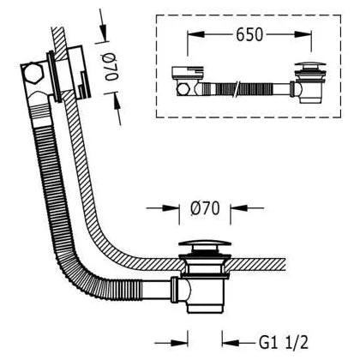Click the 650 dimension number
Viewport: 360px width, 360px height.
click(x=249, y=35)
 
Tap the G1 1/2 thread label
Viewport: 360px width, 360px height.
click(x=284, y=342)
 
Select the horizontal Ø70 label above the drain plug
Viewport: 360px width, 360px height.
click(x=205, y=208)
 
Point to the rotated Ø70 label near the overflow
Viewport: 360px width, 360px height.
click(x=110, y=68)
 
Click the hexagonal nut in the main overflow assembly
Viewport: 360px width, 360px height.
click(x=33, y=74)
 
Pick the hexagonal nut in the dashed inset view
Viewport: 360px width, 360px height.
click(x=183, y=89)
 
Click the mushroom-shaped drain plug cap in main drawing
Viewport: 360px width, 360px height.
click(x=205, y=245)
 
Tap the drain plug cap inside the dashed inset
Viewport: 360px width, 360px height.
click(x=310, y=64)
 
